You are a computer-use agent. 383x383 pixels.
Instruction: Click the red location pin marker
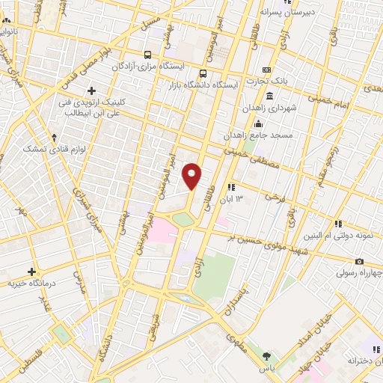coord(192,176)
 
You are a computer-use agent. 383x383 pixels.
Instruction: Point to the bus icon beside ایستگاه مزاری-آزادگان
coord(147,55)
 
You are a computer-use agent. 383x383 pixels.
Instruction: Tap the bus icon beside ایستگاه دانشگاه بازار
coord(203,73)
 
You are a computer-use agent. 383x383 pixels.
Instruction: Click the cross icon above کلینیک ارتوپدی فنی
coord(91,91)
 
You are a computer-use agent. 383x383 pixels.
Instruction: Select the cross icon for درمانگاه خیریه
coord(31,272)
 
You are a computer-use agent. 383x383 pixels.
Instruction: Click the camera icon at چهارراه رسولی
coord(359,261)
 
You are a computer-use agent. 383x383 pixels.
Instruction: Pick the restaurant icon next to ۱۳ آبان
coord(231,186)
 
